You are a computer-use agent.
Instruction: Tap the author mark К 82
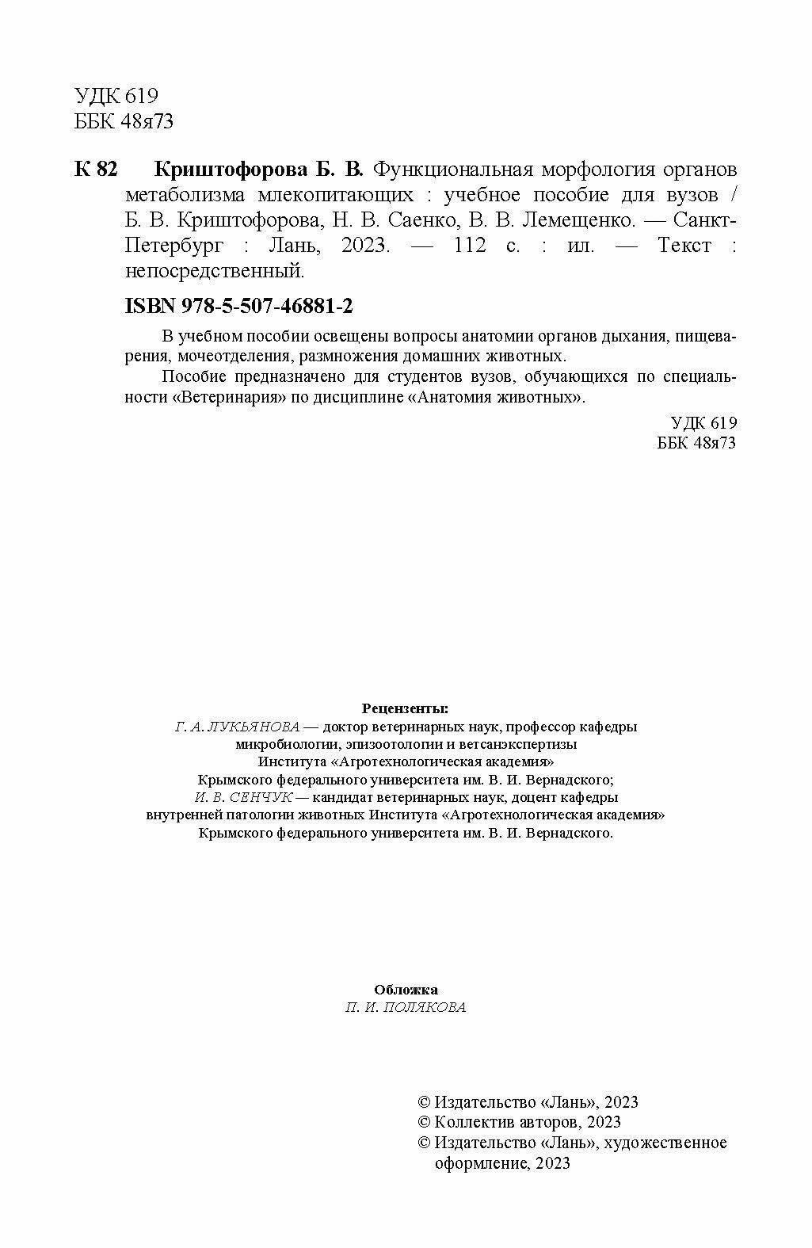tap(96, 169)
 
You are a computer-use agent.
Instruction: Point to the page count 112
tap(467, 245)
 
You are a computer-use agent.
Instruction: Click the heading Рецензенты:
tap(405, 707)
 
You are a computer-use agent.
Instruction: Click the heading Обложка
tap(406, 989)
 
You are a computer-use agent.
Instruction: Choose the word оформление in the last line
tap(480, 1164)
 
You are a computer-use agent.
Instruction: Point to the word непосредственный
tap(215, 271)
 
